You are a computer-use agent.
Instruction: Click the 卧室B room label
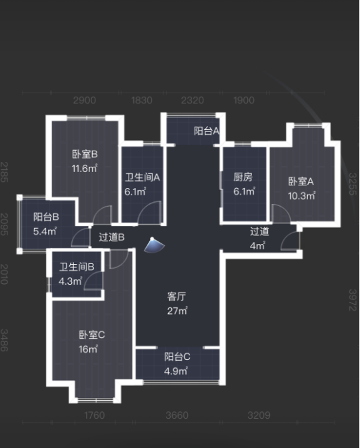[85, 154]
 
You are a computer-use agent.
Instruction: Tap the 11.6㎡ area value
[85, 168]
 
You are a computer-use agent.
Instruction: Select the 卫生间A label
[142, 177]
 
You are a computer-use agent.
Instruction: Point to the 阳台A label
[207, 131]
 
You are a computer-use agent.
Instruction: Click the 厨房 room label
[243, 177]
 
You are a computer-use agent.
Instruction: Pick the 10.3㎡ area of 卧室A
[301, 196]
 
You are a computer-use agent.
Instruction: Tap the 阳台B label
[46, 217]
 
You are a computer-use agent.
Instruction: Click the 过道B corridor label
[111, 237]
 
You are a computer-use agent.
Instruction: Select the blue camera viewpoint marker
[154, 245]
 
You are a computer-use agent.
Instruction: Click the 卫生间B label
[77, 267]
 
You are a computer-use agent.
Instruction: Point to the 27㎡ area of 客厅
[177, 311]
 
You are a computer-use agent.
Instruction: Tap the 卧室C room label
[92, 335]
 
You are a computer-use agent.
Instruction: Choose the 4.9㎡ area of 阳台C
[176, 371]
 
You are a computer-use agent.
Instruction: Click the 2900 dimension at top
[85, 100]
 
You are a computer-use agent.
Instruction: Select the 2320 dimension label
[193, 100]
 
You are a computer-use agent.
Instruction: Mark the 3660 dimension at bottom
[177, 415]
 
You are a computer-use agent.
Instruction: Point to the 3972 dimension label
[353, 300]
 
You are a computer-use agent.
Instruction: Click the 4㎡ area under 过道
[258, 245]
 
